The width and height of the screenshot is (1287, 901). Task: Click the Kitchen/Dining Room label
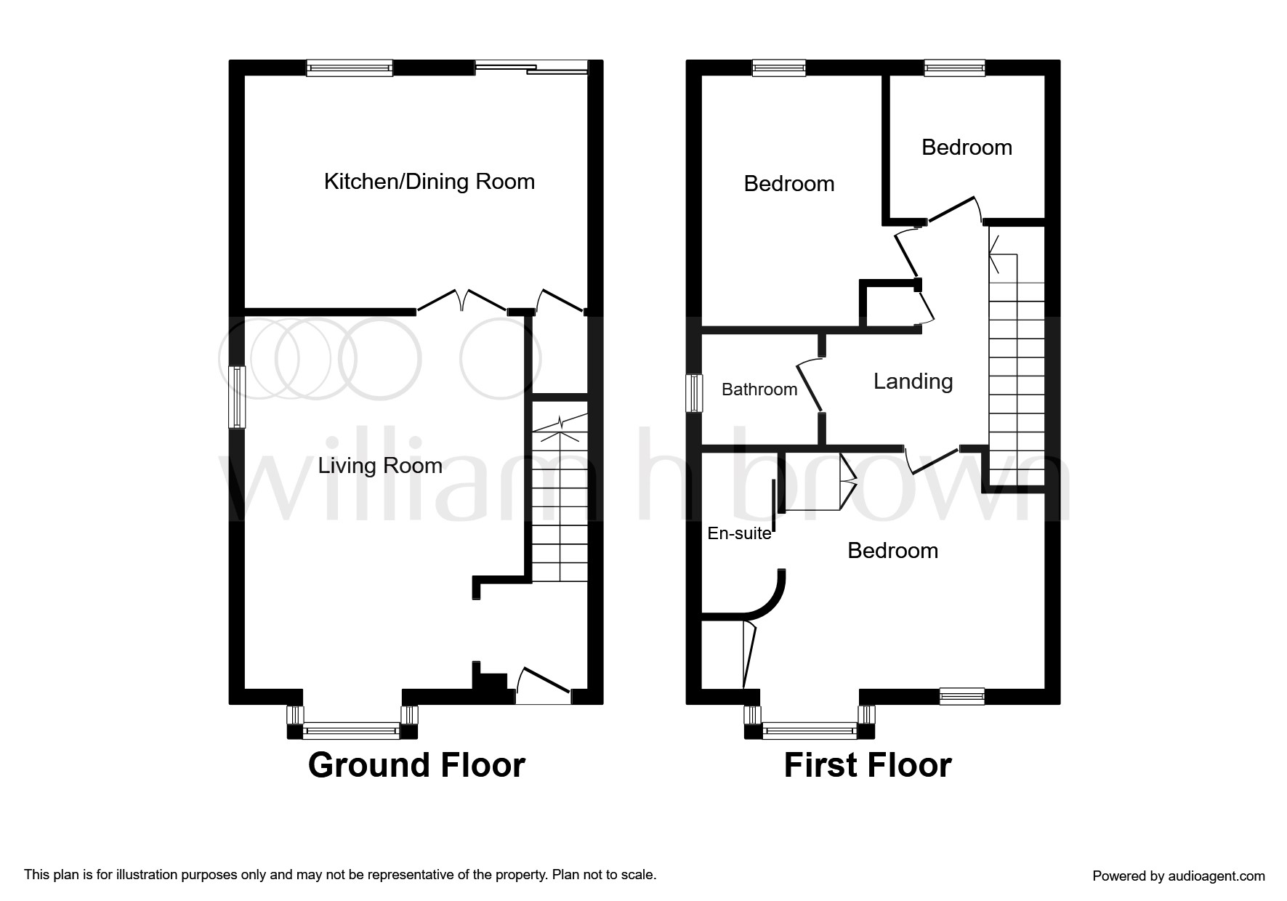coord(429,181)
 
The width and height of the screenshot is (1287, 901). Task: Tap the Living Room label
coord(380,465)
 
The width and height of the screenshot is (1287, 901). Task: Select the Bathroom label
coord(759,389)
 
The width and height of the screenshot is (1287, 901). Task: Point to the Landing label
coord(913,381)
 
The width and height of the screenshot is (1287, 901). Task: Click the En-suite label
coord(739,533)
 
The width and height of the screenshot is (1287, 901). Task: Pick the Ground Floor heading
coord(416,765)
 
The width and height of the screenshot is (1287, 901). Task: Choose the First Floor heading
coord(868,765)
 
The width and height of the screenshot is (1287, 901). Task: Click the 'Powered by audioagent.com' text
coord(1179,876)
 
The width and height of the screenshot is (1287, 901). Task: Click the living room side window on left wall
coord(237,397)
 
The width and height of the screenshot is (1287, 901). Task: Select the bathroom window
coord(695,392)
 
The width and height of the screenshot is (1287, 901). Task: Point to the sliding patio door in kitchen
coord(531,68)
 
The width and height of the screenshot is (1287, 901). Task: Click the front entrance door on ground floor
coord(544,686)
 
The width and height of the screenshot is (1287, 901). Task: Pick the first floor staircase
coord(1016,356)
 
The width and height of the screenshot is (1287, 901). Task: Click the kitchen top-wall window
coord(350,68)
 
